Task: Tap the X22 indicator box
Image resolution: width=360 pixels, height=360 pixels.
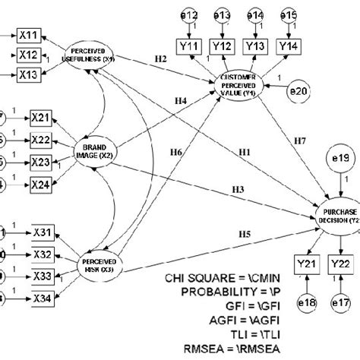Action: (x=43, y=139)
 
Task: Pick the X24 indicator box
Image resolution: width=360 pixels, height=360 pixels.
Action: (x=43, y=185)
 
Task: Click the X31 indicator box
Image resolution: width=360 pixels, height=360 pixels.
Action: (x=43, y=230)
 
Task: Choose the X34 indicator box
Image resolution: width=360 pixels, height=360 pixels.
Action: (x=43, y=298)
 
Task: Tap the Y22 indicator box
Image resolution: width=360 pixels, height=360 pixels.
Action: (x=340, y=264)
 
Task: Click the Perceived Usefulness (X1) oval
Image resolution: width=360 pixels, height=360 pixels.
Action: (x=90, y=52)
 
